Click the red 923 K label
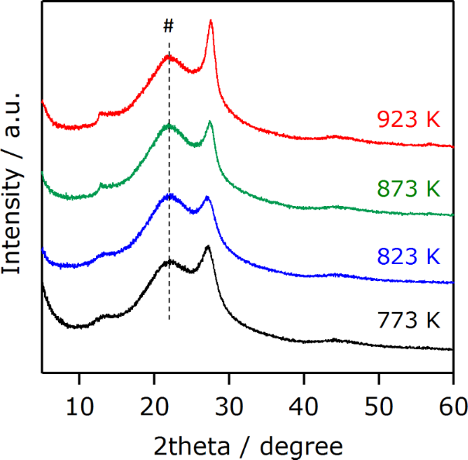[408, 119]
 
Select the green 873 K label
[408, 187]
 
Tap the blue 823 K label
[408, 256]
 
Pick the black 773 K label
[408, 319]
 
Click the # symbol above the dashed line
[169, 26]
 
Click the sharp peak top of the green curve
[210, 122]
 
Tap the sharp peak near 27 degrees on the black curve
[207, 246]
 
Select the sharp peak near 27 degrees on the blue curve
[207, 197]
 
